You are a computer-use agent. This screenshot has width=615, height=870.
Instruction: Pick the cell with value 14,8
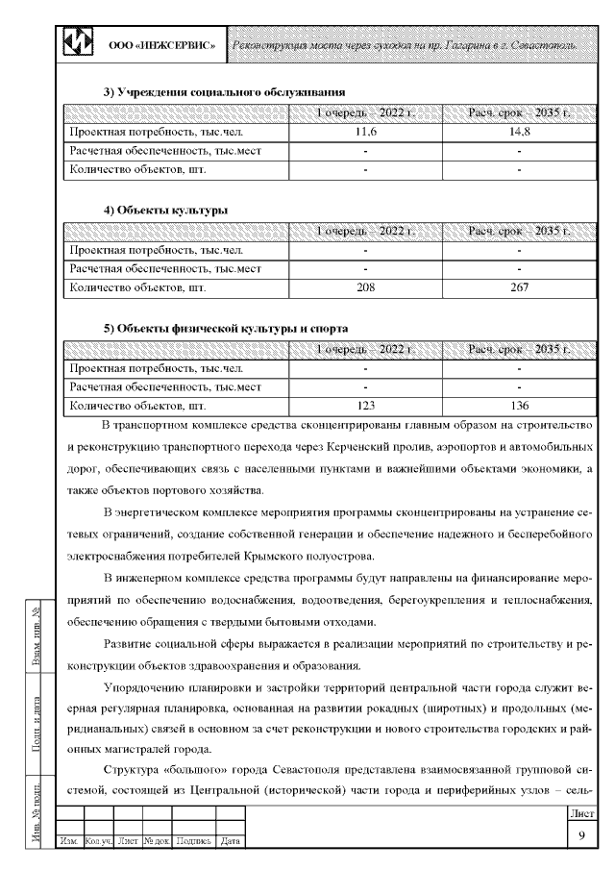tap(519, 132)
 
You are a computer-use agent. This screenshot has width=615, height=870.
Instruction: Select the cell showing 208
tap(365, 286)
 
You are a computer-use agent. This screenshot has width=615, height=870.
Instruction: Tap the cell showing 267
tap(519, 286)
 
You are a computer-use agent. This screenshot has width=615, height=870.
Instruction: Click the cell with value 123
tap(365, 406)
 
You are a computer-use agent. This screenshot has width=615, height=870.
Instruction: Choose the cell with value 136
tap(519, 406)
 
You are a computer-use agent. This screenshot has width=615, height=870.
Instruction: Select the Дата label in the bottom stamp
tap(230, 842)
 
